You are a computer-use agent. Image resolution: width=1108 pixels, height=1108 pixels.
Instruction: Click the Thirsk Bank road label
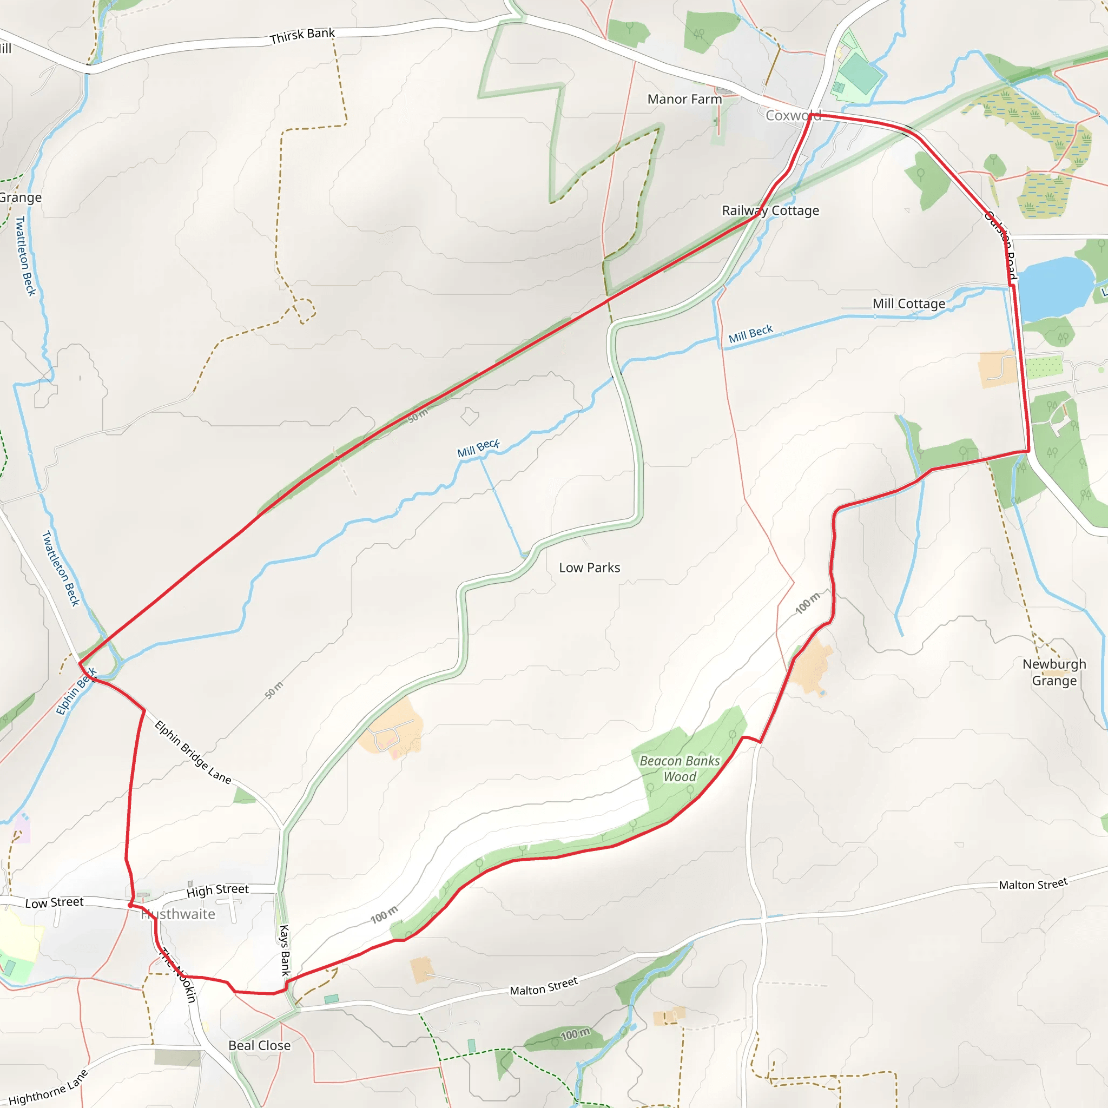(x=302, y=36)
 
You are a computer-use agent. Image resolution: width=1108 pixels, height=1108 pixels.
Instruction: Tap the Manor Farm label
(x=684, y=99)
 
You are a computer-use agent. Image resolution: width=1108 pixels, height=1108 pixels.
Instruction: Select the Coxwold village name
(x=793, y=115)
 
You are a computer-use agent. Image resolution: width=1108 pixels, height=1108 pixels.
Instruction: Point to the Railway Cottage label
(x=770, y=210)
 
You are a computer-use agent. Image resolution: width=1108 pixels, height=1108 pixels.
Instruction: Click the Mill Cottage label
(x=908, y=304)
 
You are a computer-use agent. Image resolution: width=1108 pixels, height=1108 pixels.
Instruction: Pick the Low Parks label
(x=590, y=567)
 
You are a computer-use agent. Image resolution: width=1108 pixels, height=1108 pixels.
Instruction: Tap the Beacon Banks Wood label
(x=680, y=768)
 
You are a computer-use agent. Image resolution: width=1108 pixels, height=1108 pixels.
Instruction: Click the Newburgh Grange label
(x=1054, y=672)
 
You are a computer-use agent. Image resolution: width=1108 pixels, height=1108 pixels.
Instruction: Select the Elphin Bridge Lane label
(x=193, y=753)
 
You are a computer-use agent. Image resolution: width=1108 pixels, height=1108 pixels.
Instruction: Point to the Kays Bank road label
(x=285, y=949)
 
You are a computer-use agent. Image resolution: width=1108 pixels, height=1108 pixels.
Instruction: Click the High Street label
(x=217, y=890)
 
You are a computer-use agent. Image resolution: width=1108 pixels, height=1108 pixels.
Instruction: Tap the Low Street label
(x=55, y=903)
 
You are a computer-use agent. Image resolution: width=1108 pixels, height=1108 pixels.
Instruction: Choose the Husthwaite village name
(x=179, y=914)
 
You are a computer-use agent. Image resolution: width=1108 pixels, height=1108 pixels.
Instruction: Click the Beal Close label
(x=259, y=1045)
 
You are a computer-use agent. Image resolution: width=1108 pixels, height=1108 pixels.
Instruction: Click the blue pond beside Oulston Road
(x=1054, y=288)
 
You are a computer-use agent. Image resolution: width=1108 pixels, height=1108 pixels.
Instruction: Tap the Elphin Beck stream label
(x=76, y=692)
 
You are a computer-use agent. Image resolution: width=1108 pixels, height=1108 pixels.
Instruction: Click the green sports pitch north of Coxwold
(x=860, y=73)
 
